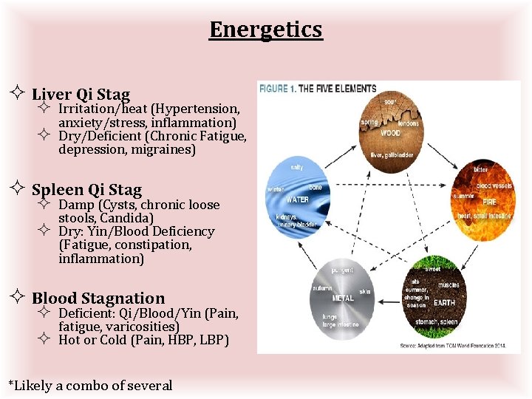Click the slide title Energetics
point(266,30)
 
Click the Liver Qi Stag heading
point(81,95)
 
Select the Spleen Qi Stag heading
point(86,190)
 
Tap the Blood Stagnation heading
point(98,299)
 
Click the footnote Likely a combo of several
point(89,385)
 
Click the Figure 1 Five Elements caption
point(318,89)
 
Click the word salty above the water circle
point(296,168)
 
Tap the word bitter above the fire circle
point(481,169)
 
